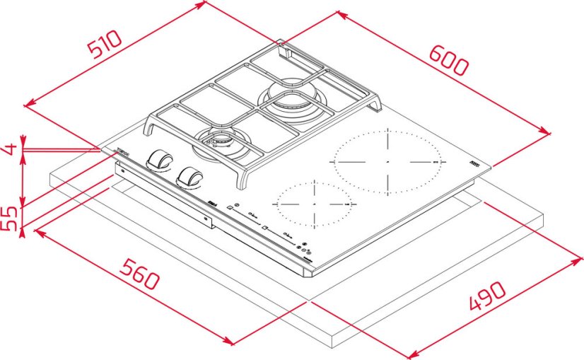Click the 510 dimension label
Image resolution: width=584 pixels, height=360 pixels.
click(x=104, y=44)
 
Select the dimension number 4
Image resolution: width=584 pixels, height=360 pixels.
click(x=9, y=150)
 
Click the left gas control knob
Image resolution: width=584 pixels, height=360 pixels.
click(x=159, y=161)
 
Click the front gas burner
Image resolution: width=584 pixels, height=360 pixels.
click(x=221, y=141)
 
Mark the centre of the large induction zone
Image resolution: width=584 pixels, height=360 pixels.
click(x=387, y=162)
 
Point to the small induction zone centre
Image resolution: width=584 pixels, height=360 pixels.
click(x=312, y=202)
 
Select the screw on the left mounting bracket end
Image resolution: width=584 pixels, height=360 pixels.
click(x=121, y=170)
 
